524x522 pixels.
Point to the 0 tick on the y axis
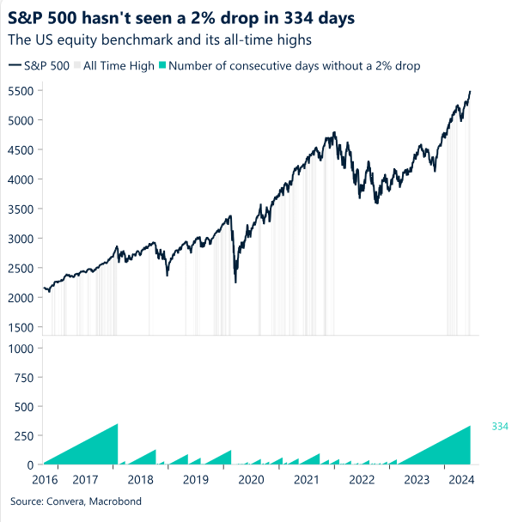tap(29, 464)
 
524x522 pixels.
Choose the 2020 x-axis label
tap(252, 479)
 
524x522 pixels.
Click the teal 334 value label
tap(500, 426)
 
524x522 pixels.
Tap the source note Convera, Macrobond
tap(76, 501)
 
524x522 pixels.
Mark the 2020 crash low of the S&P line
tap(236, 282)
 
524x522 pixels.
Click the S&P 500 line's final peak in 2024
tap(471, 91)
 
